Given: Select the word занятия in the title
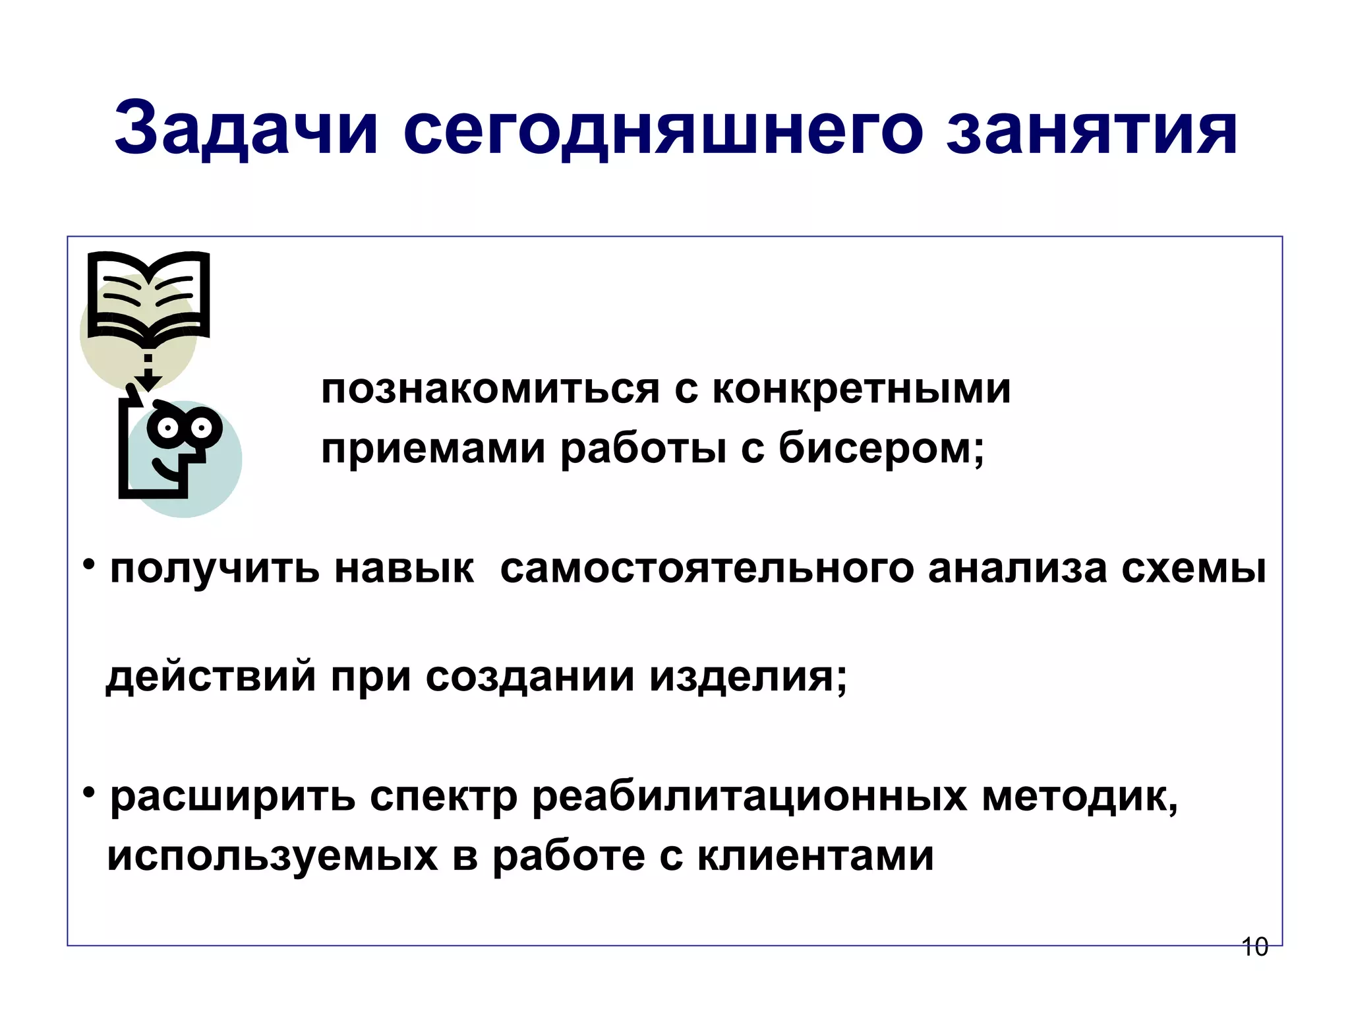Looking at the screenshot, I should (1092, 129).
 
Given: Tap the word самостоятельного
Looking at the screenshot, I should (707, 568).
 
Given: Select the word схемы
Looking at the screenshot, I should (1193, 568).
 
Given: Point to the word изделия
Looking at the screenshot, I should (748, 677).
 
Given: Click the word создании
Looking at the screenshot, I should (530, 677).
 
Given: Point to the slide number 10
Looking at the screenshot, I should (1254, 947).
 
